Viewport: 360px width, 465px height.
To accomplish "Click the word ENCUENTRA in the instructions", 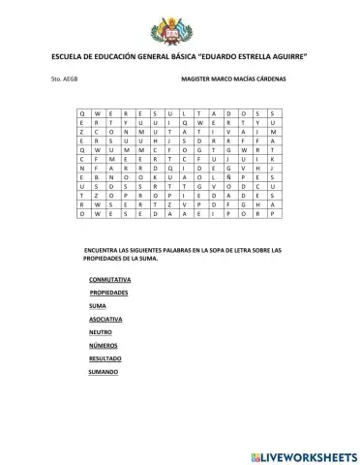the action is [x=105, y=250].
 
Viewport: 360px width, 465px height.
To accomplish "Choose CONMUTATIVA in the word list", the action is [x=109, y=279].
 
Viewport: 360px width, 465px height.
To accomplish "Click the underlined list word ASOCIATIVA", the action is [x=105, y=319].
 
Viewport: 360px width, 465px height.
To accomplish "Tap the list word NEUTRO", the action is [x=100, y=332].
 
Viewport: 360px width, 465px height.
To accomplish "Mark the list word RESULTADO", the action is [x=105, y=358].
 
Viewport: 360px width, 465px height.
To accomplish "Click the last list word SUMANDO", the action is [x=104, y=372].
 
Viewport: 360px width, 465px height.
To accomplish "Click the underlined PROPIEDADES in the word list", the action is [x=109, y=292].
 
